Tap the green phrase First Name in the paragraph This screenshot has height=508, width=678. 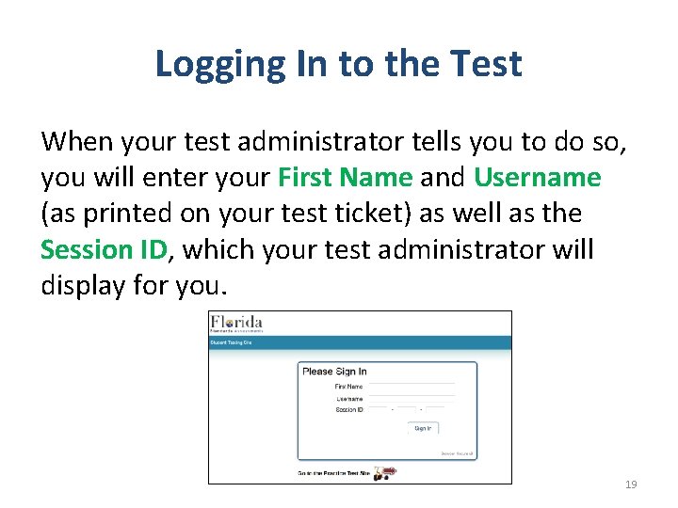pyautogui.click(x=345, y=177)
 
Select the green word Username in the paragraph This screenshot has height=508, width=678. pyautogui.click(x=537, y=177)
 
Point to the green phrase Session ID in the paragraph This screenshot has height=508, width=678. pyautogui.click(x=104, y=249)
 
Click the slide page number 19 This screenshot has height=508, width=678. pyautogui.click(x=631, y=484)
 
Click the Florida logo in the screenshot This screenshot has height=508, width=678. pyautogui.click(x=236, y=324)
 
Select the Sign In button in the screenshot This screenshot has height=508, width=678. pyautogui.click(x=423, y=428)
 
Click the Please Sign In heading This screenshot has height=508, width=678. pyautogui.click(x=334, y=372)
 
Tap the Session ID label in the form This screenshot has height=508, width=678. pyautogui.click(x=348, y=410)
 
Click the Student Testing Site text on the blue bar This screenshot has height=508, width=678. pyautogui.click(x=231, y=343)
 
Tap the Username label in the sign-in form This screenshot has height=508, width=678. pyautogui.click(x=349, y=399)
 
